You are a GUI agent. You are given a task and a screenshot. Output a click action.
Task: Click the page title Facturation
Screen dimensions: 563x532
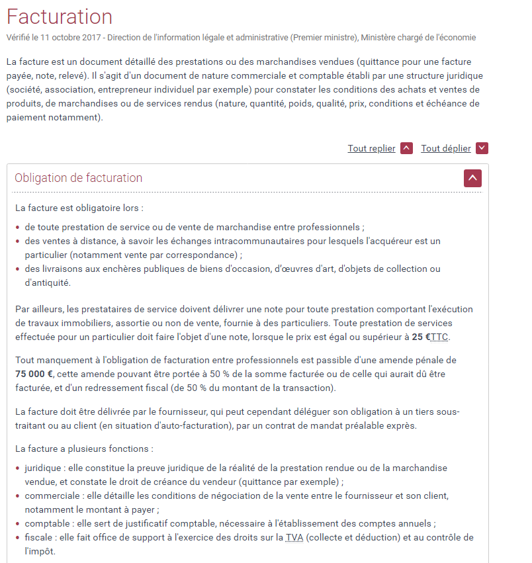click(60, 17)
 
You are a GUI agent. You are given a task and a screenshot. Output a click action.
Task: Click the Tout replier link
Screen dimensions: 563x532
click(371, 148)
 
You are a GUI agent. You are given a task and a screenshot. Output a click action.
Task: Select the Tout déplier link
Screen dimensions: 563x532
click(445, 148)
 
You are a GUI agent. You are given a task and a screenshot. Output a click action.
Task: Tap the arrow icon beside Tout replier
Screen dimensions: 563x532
click(407, 148)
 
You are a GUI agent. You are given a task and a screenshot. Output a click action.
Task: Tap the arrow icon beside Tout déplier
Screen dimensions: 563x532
click(482, 148)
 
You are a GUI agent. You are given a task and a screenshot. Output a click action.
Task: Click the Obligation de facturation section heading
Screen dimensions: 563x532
click(78, 178)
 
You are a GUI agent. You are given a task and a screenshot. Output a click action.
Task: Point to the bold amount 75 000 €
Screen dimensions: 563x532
click(35, 374)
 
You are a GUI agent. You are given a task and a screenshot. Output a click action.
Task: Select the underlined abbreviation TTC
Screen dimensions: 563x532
click(439, 337)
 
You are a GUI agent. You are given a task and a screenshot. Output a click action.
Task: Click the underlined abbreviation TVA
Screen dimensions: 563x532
click(294, 537)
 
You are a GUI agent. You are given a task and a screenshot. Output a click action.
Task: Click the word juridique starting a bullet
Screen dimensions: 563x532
click(43, 468)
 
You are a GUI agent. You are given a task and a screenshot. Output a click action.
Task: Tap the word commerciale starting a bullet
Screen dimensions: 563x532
click(49, 496)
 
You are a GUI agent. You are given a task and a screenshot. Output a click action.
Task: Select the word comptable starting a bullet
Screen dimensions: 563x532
click(46, 523)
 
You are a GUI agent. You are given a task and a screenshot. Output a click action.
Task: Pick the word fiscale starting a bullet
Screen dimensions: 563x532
click(39, 537)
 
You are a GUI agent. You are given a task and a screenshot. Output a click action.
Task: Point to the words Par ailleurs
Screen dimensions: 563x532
click(36, 309)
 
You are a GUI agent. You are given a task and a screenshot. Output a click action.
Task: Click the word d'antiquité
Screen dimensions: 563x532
click(46, 282)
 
